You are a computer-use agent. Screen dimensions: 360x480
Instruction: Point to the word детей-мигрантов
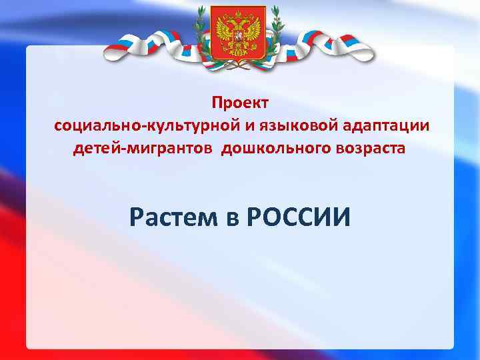tap(145, 148)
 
